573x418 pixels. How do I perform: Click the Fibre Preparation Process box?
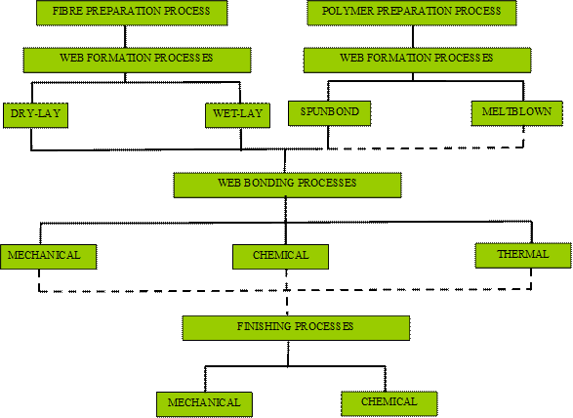coord(132,13)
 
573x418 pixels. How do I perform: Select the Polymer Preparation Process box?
coord(412,13)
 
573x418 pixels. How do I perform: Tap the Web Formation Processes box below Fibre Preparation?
coord(137,60)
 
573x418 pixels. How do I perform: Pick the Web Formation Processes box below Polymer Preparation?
coord(418,60)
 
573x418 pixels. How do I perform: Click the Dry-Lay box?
coord(35,115)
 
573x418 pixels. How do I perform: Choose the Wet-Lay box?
coord(237,115)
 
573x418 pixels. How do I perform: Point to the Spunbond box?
coord(330,113)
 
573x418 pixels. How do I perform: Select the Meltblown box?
coord(517,113)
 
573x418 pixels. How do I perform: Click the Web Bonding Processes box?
coord(288,186)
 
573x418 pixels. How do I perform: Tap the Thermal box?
coord(523,256)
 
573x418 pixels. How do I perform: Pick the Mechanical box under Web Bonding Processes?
coord(49,257)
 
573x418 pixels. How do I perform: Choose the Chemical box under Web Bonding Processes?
coord(281,257)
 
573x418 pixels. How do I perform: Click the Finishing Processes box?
coord(296,328)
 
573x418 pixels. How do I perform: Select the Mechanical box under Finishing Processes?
coord(204,404)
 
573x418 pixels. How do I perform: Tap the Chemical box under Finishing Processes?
coord(389,403)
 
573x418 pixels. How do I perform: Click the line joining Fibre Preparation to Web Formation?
coord(125,36)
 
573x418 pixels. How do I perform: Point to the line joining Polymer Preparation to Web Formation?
coord(413,36)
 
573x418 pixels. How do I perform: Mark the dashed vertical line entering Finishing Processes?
coord(287,303)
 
